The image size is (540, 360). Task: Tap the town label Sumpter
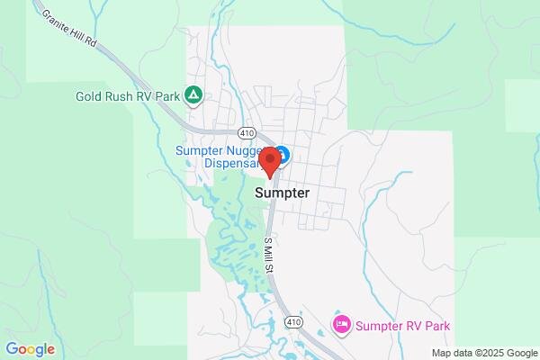(282, 193)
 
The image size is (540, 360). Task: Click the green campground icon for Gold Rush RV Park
(193, 94)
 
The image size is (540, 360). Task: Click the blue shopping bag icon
(281, 154)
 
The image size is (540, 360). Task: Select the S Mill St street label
(267, 256)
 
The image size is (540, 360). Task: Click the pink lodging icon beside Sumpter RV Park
(340, 325)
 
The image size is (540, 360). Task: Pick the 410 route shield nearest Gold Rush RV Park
(247, 131)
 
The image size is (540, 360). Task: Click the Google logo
(30, 349)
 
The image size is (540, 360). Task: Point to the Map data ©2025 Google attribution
(482, 352)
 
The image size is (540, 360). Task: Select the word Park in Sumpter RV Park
(435, 326)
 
